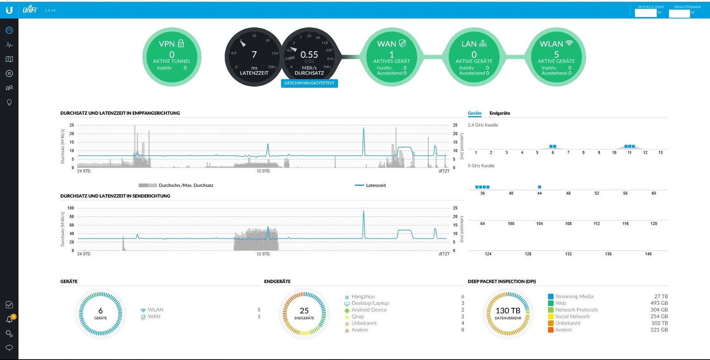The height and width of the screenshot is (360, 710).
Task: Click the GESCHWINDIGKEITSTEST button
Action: pos(309,83)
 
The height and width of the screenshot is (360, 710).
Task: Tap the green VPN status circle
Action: pos(172,57)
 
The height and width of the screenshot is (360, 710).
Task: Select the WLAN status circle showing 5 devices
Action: pos(556,57)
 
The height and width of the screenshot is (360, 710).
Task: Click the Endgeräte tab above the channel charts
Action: pos(500,113)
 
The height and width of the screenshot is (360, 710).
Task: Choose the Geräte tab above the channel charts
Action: pos(474,113)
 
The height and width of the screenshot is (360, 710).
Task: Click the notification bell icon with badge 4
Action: pos(9,319)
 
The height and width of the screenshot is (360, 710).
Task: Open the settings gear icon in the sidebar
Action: pos(9,334)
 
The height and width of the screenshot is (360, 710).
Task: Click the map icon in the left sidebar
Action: pos(9,59)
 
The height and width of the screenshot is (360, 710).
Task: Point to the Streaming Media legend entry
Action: pos(574,297)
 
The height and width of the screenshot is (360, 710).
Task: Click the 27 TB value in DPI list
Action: pos(661,297)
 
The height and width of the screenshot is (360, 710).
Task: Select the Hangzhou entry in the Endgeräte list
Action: pos(363,297)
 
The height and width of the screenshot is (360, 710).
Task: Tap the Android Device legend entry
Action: pos(369,310)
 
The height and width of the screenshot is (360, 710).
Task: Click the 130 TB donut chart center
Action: pos(508,313)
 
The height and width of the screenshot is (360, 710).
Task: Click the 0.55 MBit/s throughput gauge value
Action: pos(309,55)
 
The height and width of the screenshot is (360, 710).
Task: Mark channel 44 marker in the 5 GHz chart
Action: pos(540,187)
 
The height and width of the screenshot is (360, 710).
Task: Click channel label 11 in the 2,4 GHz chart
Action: pos(629,153)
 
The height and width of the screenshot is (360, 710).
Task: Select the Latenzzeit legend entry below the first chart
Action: pos(375,185)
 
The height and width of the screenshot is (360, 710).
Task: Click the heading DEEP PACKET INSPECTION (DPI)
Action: pos(502,281)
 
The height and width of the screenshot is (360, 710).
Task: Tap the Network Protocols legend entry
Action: pos(576,310)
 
